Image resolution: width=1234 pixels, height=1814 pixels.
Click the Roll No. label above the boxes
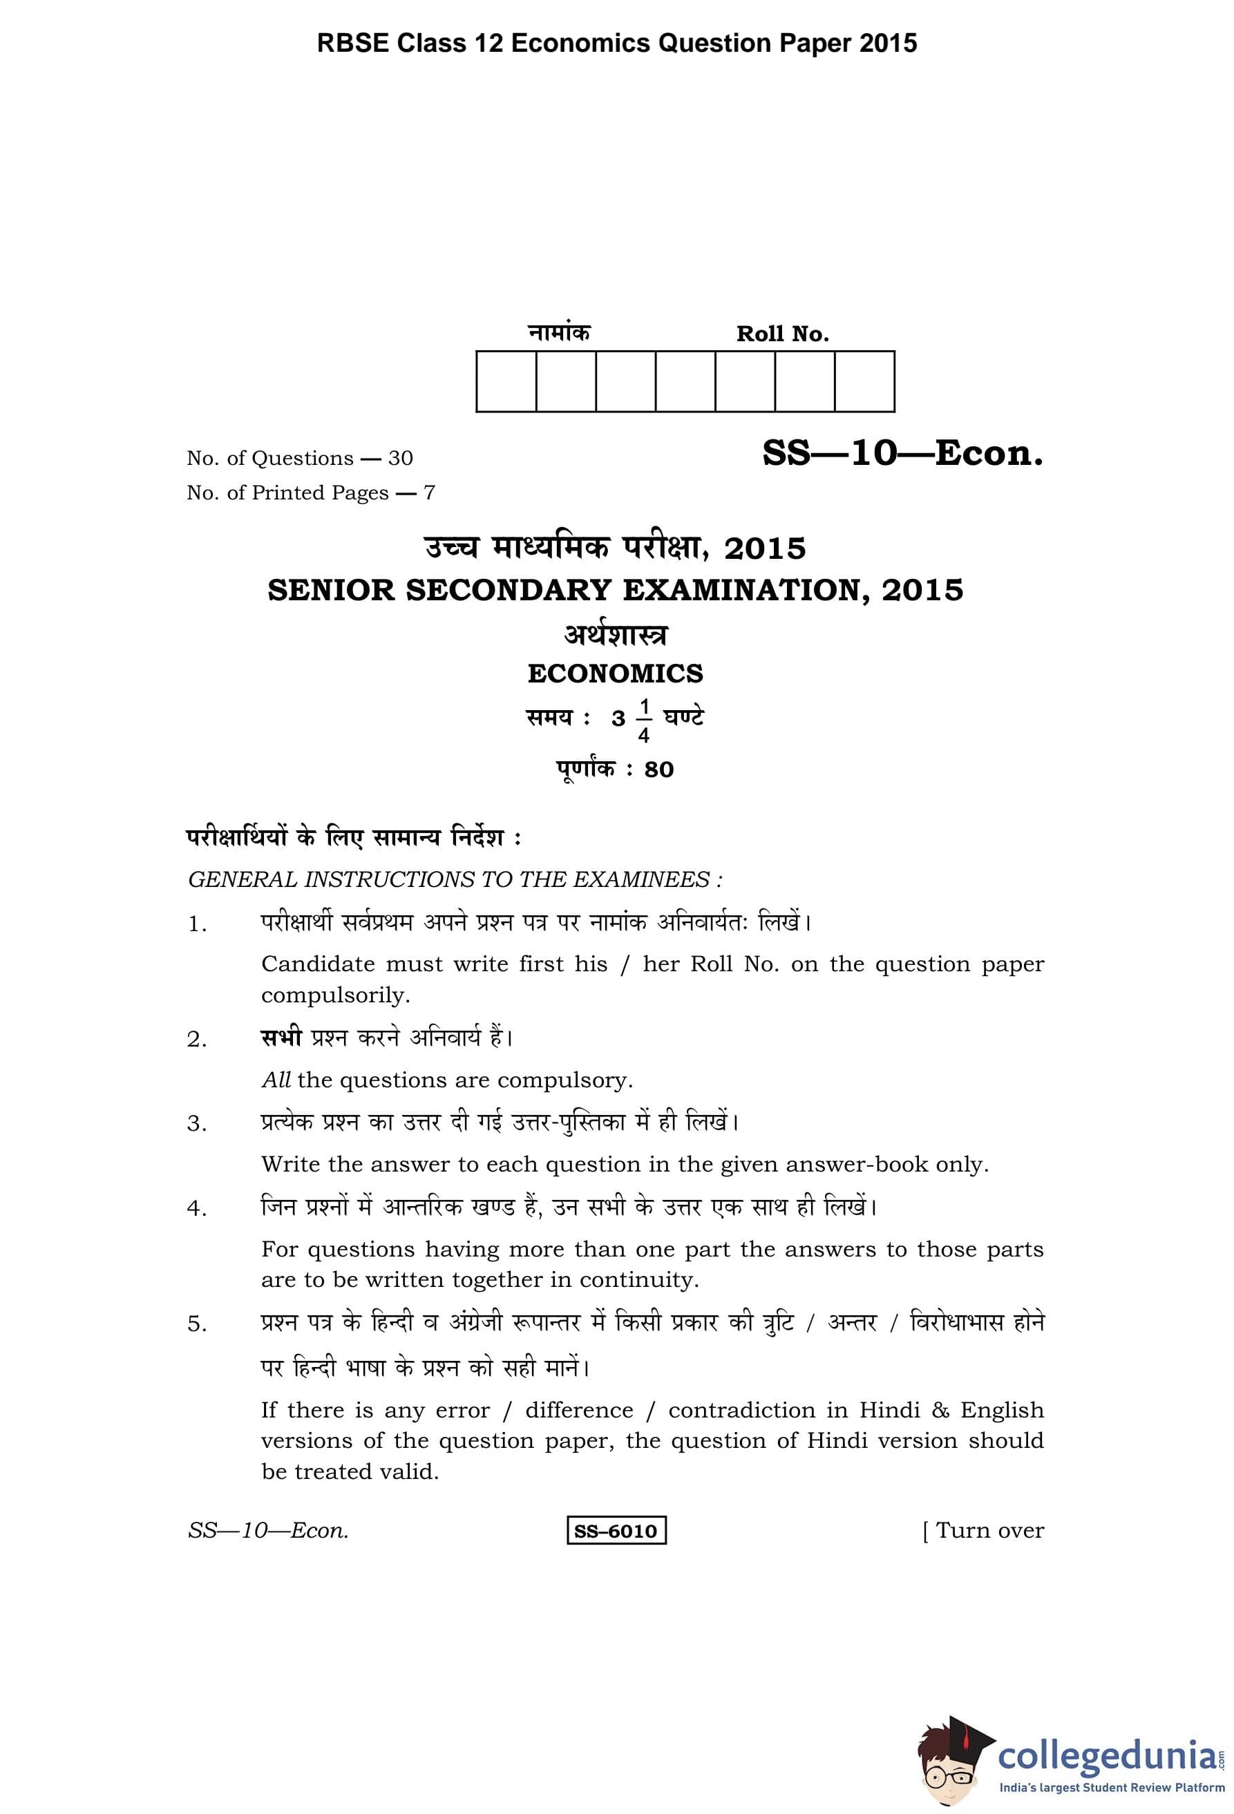782,334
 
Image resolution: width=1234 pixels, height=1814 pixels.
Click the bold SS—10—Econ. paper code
902,453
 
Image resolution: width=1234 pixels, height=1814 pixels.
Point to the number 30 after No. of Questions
401,458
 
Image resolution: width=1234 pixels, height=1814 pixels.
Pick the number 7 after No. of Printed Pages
428,493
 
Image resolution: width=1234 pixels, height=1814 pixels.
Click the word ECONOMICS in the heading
615,674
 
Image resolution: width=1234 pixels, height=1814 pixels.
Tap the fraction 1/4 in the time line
644,721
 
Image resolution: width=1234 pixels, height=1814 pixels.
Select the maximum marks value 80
658,770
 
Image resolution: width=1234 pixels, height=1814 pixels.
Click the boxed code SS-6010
616,1531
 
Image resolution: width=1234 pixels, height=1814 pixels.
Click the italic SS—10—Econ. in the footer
267,1531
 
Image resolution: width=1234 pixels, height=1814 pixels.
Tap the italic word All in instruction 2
276,1080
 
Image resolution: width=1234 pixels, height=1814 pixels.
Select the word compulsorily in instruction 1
335,995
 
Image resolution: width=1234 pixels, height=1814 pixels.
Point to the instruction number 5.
196,1324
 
